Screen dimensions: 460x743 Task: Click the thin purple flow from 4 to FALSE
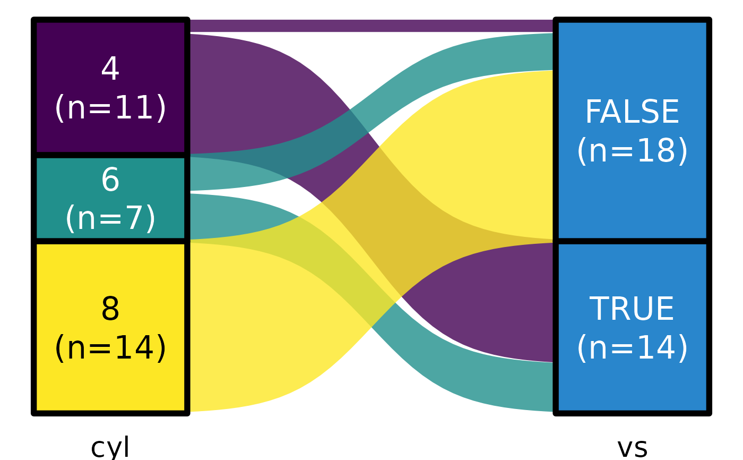tap(371, 25)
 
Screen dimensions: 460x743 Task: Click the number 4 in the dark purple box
tap(110, 70)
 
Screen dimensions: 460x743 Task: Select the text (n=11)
tap(110, 108)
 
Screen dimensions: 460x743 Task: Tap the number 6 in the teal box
tap(110, 181)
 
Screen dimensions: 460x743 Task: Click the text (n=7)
tap(110, 219)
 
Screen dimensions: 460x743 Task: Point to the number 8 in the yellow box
tap(110, 310)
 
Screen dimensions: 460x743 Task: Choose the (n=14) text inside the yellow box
tap(110, 348)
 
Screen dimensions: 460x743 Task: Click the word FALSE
tap(632, 113)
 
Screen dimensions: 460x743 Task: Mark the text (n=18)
tap(632, 151)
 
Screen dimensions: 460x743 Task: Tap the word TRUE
tap(632, 310)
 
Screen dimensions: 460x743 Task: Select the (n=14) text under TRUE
tap(632, 348)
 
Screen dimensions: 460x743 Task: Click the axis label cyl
tap(110, 447)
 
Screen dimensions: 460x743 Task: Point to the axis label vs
tap(632, 447)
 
